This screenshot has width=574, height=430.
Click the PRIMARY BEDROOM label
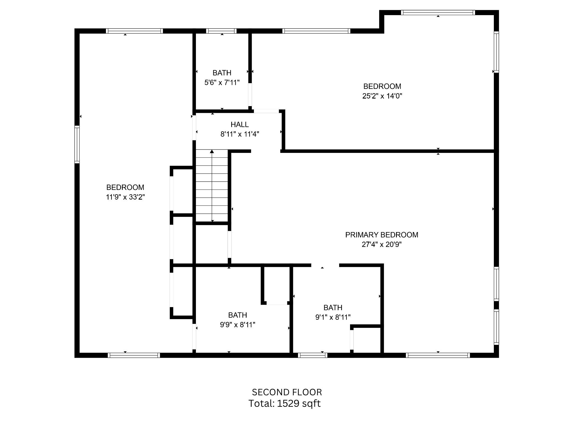coord(381,235)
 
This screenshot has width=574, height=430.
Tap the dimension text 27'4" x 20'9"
coord(381,245)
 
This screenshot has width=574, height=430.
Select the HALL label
coord(240,125)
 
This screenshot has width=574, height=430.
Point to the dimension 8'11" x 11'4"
coord(240,134)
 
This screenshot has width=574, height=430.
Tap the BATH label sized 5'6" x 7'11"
coord(222,73)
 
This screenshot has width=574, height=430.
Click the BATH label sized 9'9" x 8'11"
coord(237,315)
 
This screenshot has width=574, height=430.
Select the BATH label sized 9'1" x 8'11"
coord(333,308)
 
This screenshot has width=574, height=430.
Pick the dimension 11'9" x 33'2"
coord(125,197)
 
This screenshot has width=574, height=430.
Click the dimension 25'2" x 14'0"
coord(382,96)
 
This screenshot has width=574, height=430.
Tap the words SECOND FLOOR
coord(287,392)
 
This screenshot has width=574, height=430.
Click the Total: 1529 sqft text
coord(284,403)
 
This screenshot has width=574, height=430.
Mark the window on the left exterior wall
coord(77,144)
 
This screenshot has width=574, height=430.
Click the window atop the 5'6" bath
coord(221,31)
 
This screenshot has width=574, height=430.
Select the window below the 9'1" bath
coord(313,355)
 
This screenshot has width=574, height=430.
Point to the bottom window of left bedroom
coord(134,355)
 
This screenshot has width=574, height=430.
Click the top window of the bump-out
coord(438,13)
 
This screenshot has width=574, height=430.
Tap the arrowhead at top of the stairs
coord(212,152)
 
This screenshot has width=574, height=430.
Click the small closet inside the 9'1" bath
coord(366,340)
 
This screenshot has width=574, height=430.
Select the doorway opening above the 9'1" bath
coord(325,265)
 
